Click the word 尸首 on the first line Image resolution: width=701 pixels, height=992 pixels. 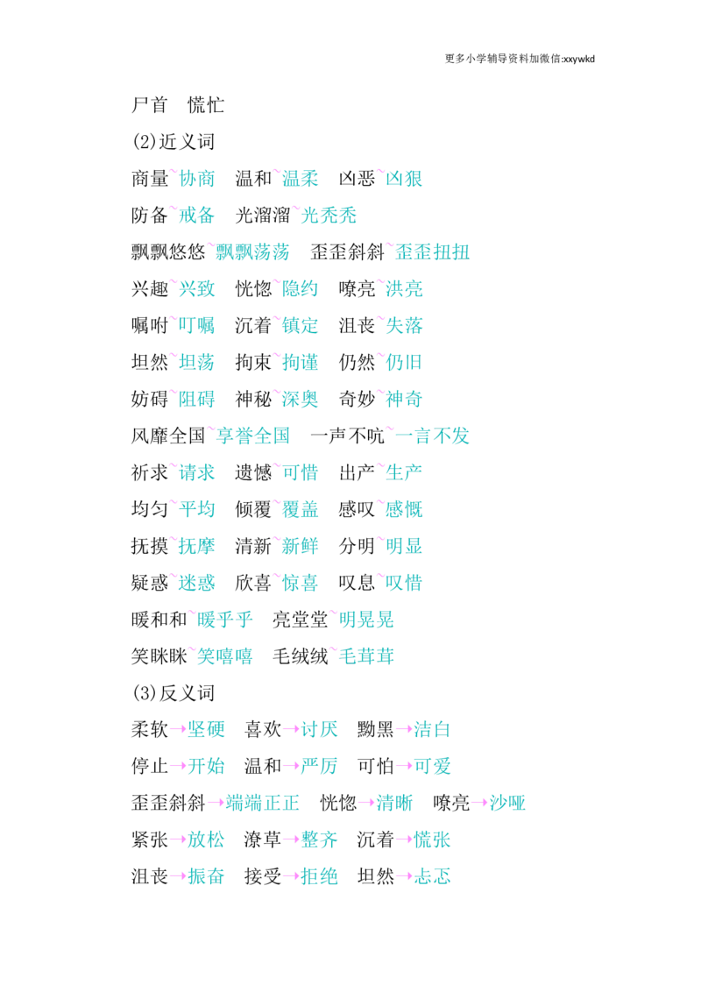pyautogui.click(x=149, y=105)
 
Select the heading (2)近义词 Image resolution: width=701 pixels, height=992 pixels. pyautogui.click(x=173, y=142)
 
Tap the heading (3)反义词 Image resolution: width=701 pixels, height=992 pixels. pyautogui.click(x=173, y=693)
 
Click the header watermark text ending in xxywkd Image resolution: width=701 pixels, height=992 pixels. pyautogui.click(x=520, y=59)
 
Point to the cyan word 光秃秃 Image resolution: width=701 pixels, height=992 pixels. pyautogui.click(x=329, y=215)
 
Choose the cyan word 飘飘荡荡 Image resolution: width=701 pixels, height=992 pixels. pyautogui.click(x=252, y=252)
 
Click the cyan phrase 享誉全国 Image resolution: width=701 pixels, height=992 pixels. pyautogui.click(x=252, y=436)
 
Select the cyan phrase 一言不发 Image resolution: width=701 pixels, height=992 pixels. pyautogui.click(x=432, y=436)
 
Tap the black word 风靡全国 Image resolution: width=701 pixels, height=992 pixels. pyautogui.click(x=168, y=436)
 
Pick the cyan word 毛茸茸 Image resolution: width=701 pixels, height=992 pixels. pyautogui.click(x=366, y=656)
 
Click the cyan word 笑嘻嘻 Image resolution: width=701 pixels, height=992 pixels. pyautogui.click(x=224, y=656)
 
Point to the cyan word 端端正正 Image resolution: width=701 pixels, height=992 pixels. pyautogui.click(x=263, y=803)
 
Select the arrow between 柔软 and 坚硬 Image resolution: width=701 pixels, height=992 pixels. pyautogui.click(x=178, y=729)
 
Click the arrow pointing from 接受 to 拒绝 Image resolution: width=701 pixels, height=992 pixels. pyautogui.click(x=291, y=876)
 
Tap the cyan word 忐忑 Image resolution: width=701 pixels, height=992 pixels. pyautogui.click(x=432, y=876)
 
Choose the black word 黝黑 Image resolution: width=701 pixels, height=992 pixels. pyautogui.click(x=375, y=729)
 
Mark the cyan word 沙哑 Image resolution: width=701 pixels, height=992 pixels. pyautogui.click(x=507, y=803)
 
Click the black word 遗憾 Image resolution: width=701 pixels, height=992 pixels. pyautogui.click(x=253, y=472)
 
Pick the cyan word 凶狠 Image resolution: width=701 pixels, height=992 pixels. pyautogui.click(x=404, y=179)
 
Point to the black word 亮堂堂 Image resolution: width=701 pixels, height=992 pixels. pyautogui.click(x=300, y=620)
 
